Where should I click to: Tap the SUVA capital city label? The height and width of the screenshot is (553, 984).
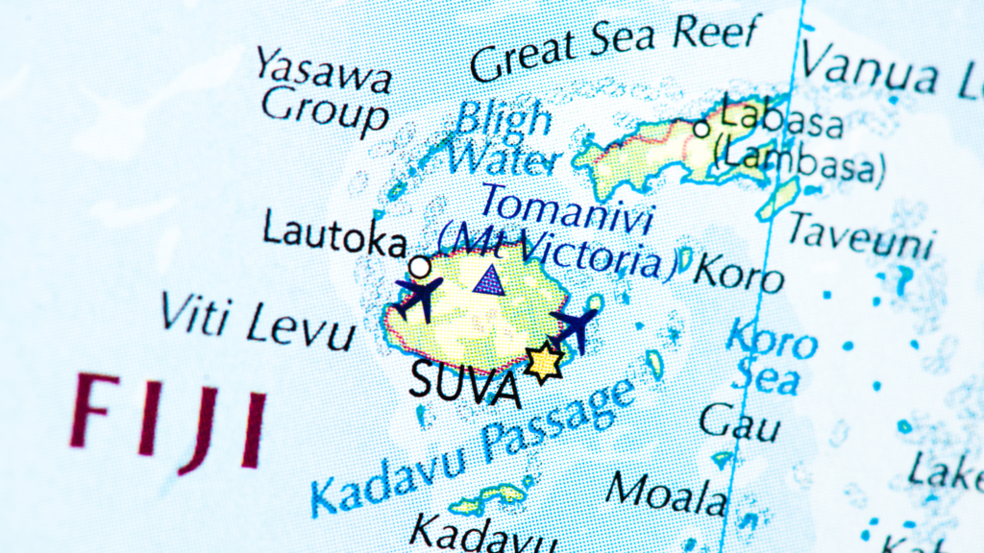point(465,382)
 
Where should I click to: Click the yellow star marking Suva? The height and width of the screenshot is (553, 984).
point(544,362)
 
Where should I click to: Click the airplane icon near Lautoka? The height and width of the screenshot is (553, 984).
point(419,295)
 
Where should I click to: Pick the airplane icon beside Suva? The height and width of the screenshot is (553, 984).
point(575,326)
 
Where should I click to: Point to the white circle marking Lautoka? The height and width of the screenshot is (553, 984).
point(419,266)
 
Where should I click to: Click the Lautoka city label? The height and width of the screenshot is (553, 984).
point(333,234)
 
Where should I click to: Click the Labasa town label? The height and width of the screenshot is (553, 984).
point(780,117)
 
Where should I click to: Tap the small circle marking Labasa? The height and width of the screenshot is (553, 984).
point(702,127)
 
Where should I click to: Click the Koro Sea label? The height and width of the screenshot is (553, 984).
point(770,357)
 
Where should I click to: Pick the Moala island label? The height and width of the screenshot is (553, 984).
point(666,493)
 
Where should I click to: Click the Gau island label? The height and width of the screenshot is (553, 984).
point(738,423)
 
